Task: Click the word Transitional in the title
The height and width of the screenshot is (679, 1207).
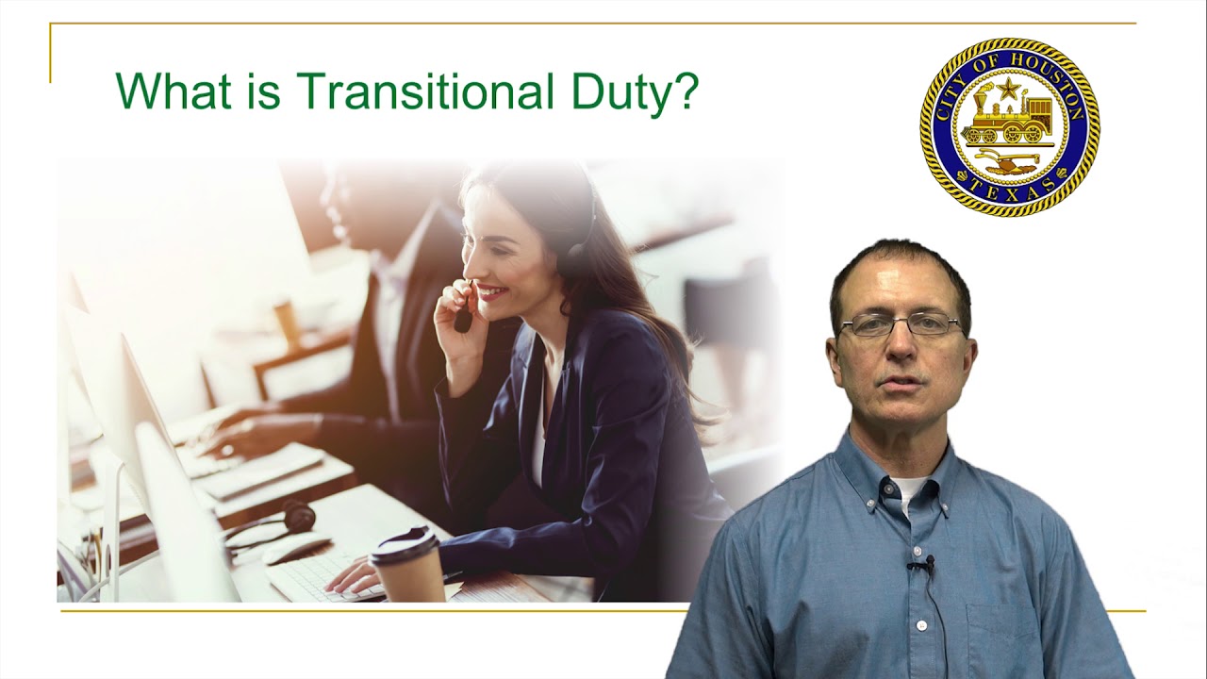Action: (425, 91)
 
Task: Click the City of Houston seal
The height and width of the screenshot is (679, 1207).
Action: (1009, 127)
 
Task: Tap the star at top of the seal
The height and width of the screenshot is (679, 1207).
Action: (1008, 90)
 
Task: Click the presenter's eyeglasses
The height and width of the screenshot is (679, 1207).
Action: (901, 325)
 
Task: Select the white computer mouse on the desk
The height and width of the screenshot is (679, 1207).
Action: (295, 548)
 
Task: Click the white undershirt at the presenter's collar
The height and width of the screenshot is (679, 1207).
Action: (908, 490)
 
